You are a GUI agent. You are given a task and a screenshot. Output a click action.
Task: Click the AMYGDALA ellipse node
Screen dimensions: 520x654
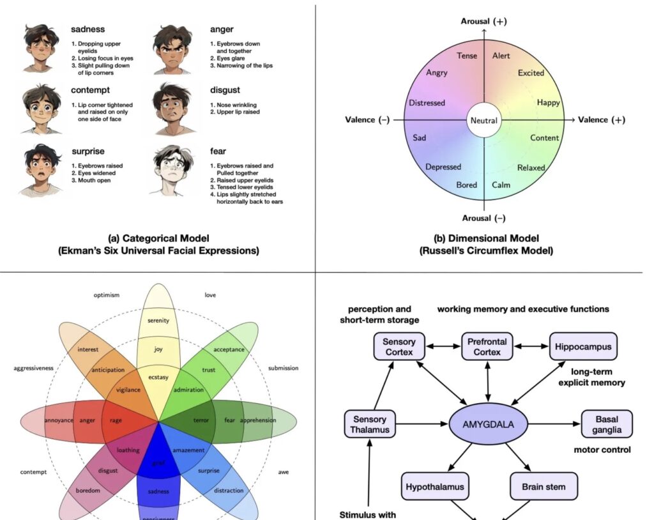(488, 423)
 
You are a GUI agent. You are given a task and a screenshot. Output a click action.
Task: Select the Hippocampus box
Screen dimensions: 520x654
(582, 347)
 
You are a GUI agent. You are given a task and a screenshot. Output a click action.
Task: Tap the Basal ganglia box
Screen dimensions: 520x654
(606, 424)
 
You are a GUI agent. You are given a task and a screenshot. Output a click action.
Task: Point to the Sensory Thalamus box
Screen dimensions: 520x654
(369, 424)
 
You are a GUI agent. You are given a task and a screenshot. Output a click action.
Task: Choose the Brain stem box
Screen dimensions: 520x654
(543, 486)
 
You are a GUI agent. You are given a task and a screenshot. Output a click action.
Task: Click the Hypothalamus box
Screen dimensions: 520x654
(435, 486)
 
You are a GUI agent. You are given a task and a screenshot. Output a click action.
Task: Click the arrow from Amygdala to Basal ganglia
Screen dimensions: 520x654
(554, 423)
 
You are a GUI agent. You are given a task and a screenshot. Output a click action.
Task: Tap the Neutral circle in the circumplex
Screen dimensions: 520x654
(483, 120)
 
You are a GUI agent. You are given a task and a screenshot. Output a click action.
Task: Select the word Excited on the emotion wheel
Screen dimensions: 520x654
(531, 73)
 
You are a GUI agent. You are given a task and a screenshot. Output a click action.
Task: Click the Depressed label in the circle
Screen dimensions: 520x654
(443, 167)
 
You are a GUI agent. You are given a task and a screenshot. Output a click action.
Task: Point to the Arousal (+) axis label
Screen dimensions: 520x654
(483, 22)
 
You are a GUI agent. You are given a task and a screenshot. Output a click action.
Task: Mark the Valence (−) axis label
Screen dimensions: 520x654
(367, 120)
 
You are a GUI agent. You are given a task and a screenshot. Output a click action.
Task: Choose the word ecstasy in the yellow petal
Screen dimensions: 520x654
(158, 377)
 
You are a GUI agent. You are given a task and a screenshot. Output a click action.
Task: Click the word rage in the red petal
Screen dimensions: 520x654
(116, 420)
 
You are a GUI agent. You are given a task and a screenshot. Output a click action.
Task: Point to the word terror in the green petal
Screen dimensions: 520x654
(201, 420)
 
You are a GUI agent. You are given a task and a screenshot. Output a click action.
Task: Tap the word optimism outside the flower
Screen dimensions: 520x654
(107, 295)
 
